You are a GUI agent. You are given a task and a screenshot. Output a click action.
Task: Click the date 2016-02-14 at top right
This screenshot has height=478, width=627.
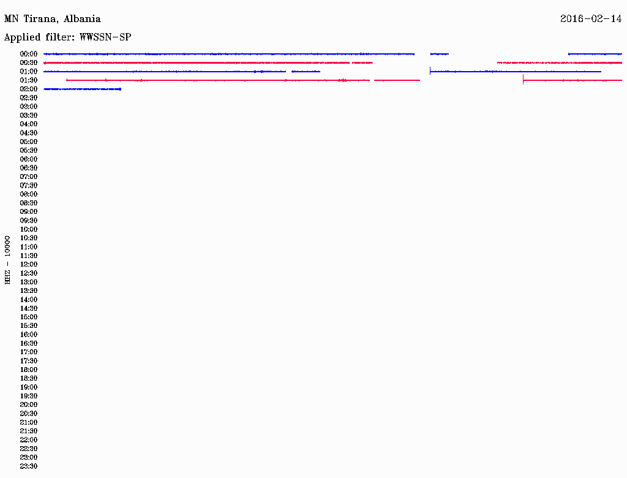(591, 18)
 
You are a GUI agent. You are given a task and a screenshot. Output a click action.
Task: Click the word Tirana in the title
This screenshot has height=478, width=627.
(40, 19)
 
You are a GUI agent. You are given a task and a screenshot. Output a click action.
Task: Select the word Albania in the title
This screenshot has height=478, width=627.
(82, 18)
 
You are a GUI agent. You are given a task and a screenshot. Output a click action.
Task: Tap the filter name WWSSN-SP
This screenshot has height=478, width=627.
(105, 37)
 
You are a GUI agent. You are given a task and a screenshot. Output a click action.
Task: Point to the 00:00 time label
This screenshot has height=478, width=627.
(29, 54)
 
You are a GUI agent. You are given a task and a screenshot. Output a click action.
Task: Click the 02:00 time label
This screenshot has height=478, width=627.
(29, 89)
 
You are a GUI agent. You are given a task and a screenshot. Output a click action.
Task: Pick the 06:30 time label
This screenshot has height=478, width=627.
(29, 168)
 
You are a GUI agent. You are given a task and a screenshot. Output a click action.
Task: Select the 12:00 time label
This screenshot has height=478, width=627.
(29, 264)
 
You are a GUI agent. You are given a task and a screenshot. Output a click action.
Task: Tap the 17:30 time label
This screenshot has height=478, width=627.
(29, 361)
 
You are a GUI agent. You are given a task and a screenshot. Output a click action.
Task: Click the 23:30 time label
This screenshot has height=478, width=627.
(29, 466)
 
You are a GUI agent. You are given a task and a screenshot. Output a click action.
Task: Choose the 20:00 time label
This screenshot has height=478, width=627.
(29, 404)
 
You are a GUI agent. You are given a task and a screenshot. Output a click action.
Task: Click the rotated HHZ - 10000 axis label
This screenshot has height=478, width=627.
(7, 260)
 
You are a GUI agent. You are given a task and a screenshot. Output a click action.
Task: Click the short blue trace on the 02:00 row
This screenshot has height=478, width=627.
(83, 89)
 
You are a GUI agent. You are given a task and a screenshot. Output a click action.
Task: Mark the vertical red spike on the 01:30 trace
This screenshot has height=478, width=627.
(523, 80)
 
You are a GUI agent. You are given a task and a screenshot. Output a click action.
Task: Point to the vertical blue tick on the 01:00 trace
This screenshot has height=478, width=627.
(430, 71)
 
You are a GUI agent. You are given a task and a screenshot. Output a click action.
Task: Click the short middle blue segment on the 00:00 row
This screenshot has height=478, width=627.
(440, 54)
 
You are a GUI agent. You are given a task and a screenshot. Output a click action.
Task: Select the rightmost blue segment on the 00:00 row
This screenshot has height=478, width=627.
(595, 54)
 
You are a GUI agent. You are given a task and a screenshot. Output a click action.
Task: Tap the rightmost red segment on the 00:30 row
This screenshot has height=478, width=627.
(560, 63)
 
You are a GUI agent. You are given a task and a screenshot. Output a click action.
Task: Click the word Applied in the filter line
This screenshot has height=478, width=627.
(23, 37)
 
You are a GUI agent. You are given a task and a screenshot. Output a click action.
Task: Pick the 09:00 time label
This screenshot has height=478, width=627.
(29, 212)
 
